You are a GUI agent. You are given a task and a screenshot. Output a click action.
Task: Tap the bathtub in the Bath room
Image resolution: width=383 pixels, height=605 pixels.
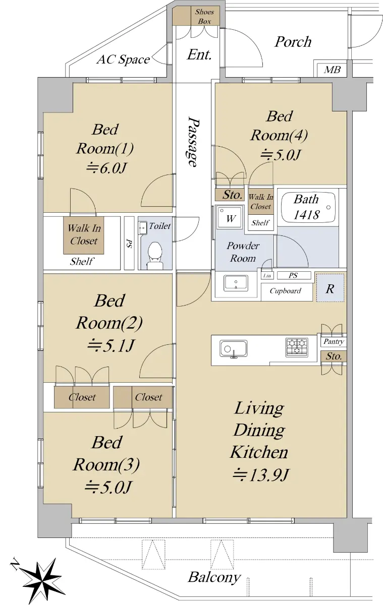coord(308,207)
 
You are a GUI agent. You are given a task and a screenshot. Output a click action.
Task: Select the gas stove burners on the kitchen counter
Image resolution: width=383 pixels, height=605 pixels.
coord(297,347)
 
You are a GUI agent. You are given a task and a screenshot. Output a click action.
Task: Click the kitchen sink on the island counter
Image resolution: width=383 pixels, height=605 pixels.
coord(233,349)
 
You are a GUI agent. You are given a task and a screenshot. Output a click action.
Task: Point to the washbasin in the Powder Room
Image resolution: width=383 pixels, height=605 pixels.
coord(236,283)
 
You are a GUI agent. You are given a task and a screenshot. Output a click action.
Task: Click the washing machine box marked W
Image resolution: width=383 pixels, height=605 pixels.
coord(230,218)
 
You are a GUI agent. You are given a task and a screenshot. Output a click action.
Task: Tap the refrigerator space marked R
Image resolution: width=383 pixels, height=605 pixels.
coord(330,288)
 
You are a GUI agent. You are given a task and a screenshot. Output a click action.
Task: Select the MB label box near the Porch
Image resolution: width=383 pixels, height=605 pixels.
coord(332,70)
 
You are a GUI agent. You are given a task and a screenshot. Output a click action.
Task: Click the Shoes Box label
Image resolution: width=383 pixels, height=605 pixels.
coord(204,17)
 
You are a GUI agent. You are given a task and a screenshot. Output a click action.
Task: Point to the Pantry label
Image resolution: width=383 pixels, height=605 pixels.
coord(334,342)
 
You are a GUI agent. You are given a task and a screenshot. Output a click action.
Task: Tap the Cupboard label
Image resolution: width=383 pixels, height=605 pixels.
coord(285,291)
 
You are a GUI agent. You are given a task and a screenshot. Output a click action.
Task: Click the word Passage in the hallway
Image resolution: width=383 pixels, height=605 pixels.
coord(194,142)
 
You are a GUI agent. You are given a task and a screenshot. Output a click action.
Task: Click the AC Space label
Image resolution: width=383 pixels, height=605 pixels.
coord(123,59)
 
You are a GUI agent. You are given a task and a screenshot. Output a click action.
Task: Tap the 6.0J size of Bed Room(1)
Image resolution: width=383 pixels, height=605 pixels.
coord(106,168)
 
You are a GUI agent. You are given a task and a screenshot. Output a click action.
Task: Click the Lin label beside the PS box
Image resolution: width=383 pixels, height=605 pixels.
coord(267,276)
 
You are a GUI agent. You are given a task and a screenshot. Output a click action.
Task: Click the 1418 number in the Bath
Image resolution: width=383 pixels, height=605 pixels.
coord(306,215)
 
